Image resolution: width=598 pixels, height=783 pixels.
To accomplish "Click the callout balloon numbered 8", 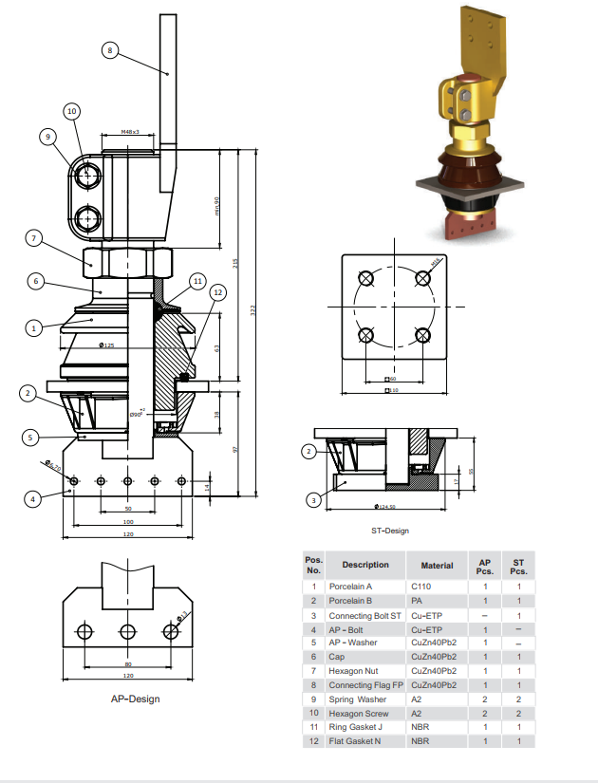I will click(x=110, y=51).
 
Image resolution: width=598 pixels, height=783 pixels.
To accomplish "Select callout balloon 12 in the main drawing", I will click(x=218, y=292).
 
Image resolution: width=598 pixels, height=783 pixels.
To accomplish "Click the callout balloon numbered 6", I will click(x=34, y=281).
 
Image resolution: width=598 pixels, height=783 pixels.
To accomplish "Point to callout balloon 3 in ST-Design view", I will click(x=310, y=499).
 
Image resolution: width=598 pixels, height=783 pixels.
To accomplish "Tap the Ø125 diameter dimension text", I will click(x=105, y=345).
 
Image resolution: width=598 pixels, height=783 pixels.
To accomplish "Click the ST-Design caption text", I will click(x=389, y=531).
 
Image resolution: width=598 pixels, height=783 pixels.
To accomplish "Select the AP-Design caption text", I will click(x=135, y=699).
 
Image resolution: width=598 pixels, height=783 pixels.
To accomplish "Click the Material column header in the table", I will click(x=437, y=565).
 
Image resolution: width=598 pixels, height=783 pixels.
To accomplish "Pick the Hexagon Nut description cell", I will click(x=357, y=670).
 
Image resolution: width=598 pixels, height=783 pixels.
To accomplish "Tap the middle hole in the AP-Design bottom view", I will click(x=128, y=631).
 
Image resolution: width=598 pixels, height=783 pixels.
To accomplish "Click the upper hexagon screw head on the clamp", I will click(x=88, y=176).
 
